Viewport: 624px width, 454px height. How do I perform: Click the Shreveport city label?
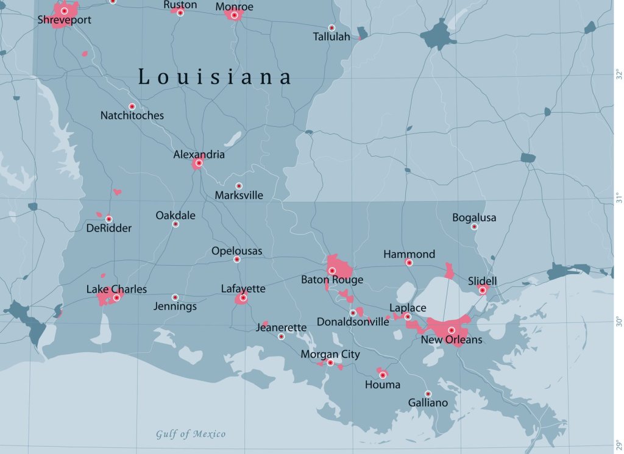[64, 20]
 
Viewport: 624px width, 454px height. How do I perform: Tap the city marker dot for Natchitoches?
[132, 107]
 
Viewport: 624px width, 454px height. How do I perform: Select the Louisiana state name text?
[214, 77]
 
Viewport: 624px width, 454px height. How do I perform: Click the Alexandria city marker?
[199, 163]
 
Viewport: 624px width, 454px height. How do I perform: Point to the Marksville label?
[239, 196]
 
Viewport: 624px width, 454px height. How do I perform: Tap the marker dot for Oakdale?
[175, 224]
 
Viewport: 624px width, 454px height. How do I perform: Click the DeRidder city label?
[108, 228]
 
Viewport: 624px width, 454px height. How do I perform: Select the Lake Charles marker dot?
[116, 298]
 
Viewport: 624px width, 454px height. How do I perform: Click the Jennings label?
[175, 307]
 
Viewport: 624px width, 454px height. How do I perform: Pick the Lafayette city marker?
[243, 298]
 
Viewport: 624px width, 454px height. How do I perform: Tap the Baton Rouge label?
[332, 280]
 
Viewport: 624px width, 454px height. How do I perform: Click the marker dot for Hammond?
[409, 263]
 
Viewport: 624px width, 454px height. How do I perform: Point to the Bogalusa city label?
[474, 218]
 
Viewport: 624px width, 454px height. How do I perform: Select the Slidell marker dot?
[483, 290]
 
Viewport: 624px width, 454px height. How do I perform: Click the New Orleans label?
[452, 339]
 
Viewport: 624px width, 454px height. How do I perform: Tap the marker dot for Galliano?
[428, 394]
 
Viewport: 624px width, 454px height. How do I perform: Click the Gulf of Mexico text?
[190, 434]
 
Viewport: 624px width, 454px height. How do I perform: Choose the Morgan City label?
[330, 354]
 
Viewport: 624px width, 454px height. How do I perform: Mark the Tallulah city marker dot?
[331, 27]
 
